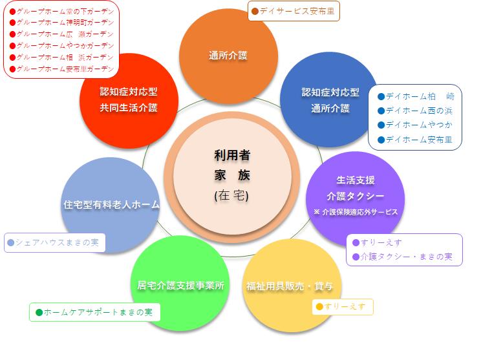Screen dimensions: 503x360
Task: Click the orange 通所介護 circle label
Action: pos(228,56)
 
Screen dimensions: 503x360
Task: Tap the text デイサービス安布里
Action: pos(297,11)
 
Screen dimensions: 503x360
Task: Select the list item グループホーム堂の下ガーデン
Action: pos(65,12)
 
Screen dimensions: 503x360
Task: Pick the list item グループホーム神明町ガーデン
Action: pos(65,23)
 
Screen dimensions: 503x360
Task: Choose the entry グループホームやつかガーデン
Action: pos(65,45)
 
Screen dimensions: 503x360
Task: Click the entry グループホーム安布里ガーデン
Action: pos(65,69)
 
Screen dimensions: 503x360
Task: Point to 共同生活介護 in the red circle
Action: pos(129,107)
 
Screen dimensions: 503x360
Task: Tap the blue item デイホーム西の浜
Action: pos(419,111)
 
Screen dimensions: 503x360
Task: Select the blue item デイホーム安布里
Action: pos(419,140)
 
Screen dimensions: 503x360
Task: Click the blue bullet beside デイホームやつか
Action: pos(381,125)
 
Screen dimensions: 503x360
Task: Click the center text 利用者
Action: pos(232,156)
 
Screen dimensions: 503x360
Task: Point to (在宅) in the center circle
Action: pos(231,195)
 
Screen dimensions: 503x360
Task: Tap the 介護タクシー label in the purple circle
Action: pos(356,196)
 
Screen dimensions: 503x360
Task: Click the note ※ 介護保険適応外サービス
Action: pos(356,212)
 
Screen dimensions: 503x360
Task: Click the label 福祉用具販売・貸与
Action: pos(290,286)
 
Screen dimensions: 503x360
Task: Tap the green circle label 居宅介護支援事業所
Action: pos(180,285)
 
